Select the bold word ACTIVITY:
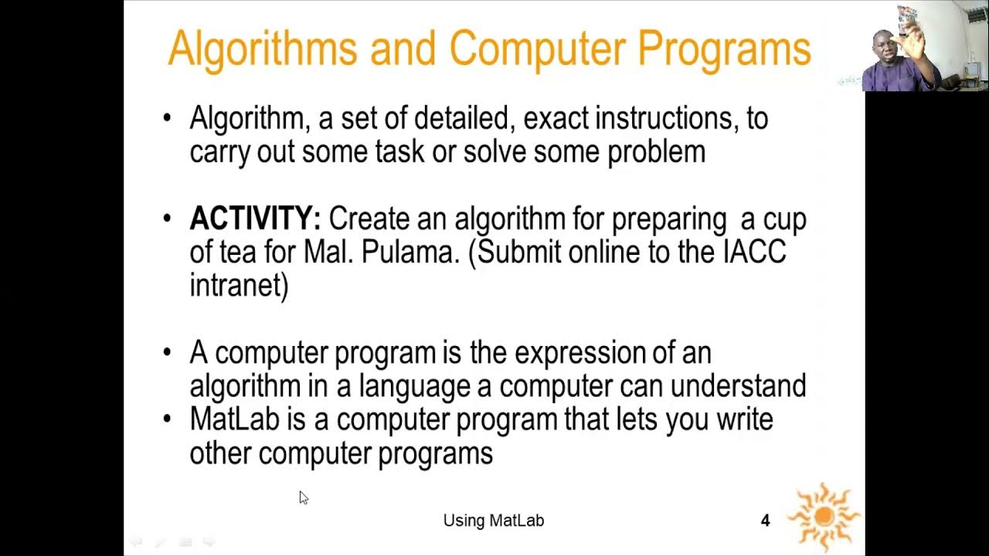click(x=255, y=219)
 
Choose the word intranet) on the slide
click(x=239, y=286)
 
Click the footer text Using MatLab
click(x=494, y=520)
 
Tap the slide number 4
click(x=765, y=520)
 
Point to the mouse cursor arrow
click(x=303, y=497)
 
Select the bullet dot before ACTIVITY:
click(x=168, y=219)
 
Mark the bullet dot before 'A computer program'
click(x=168, y=353)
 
